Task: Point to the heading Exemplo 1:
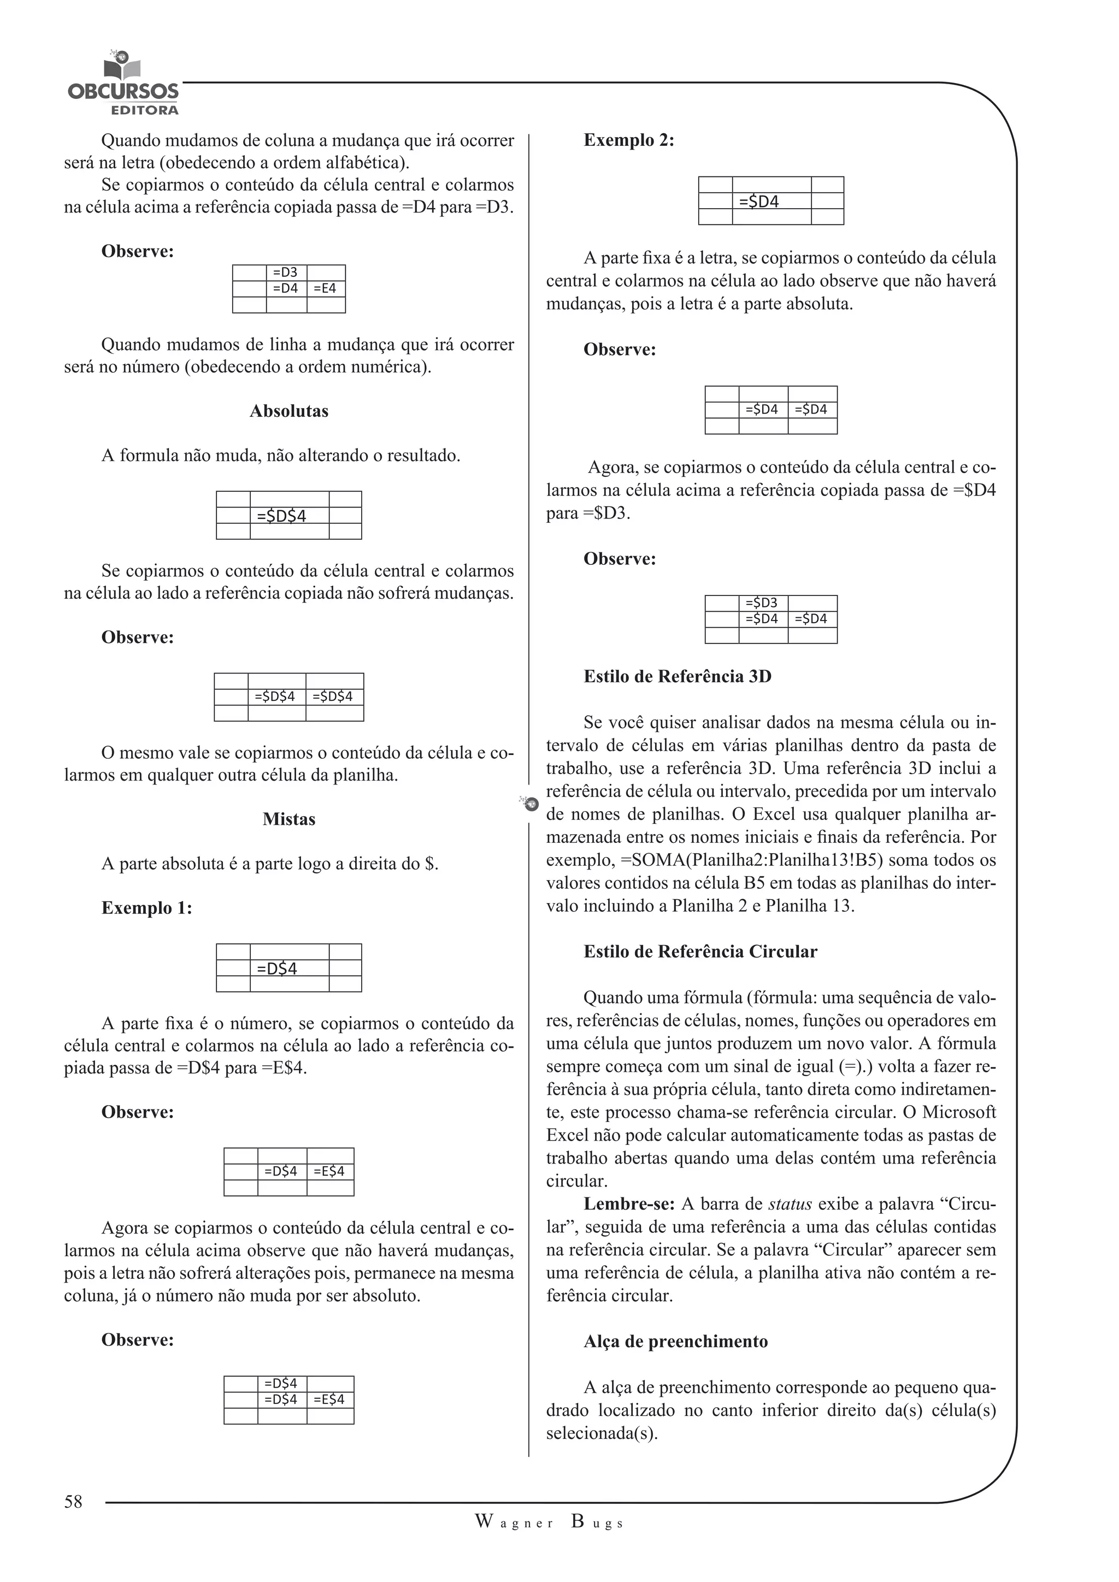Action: coord(147,908)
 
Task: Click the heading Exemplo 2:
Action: coord(628,140)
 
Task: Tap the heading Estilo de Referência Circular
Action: coord(699,952)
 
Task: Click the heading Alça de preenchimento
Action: coord(675,1342)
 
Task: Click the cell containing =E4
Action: coord(325,288)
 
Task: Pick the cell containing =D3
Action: coord(285,272)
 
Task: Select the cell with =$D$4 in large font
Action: coord(288,515)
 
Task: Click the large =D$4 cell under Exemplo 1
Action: coord(288,968)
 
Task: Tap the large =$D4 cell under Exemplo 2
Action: coord(770,201)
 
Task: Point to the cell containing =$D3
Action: coord(762,603)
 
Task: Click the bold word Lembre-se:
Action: coord(629,1205)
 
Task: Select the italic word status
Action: coord(790,1205)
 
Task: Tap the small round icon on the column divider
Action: coord(529,804)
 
